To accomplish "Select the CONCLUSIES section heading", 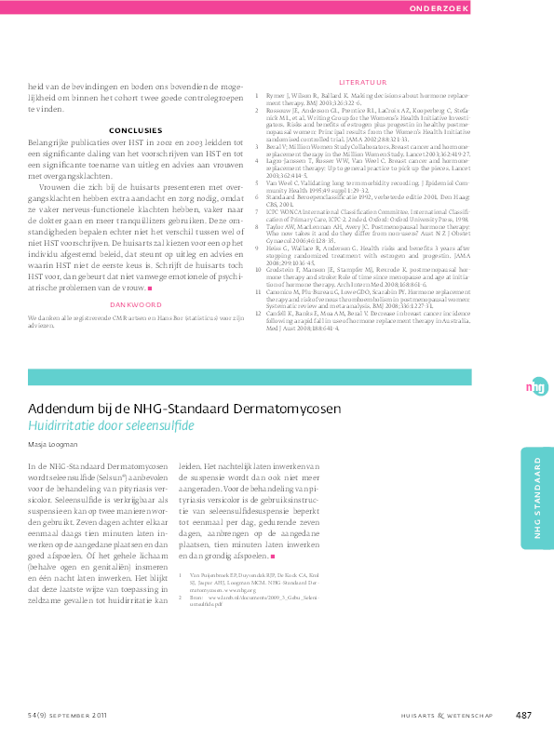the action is (x=135, y=129).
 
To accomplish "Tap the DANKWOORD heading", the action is (x=137, y=278).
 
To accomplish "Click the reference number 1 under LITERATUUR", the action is (x=256, y=95).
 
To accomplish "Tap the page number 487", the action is (x=523, y=714).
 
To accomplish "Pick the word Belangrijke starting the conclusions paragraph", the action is (x=54, y=141).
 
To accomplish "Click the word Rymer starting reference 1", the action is (x=275, y=95).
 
